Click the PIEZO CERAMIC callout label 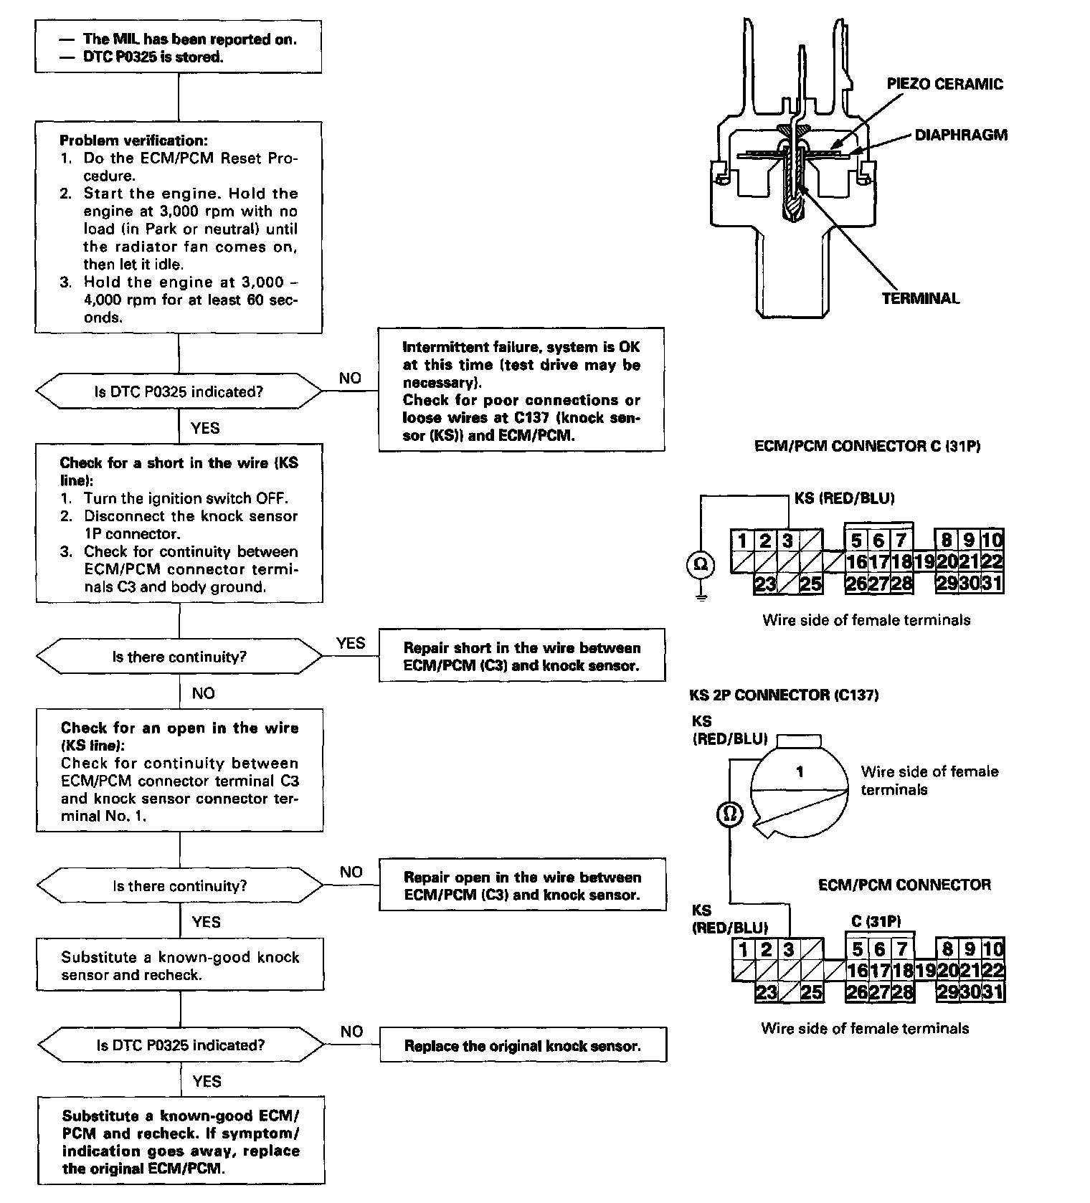click(944, 84)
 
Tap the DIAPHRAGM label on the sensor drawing click(961, 135)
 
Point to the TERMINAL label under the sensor click(920, 298)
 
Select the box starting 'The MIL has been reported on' click(178, 47)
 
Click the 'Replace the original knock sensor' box click(523, 1046)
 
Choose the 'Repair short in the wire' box click(522, 656)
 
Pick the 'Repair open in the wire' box click(522, 885)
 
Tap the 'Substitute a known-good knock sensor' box click(180, 965)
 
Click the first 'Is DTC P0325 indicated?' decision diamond click(179, 391)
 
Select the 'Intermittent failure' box click(521, 389)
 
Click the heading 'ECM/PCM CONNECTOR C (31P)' click(868, 446)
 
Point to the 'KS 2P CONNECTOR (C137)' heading click(784, 695)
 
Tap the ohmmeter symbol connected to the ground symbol click(701, 565)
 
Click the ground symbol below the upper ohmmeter click(701, 596)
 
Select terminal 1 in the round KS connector click(800, 771)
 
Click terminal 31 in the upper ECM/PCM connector click(991, 583)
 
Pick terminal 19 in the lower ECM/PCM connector click(926, 971)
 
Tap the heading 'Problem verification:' click(133, 141)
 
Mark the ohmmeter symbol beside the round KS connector click(730, 814)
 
